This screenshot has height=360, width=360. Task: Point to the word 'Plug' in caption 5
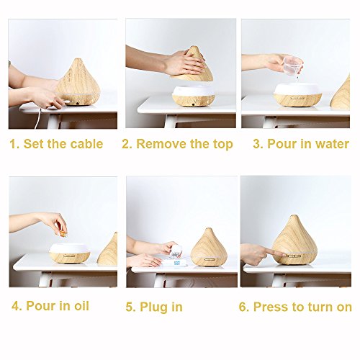pyautogui.click(x=152, y=307)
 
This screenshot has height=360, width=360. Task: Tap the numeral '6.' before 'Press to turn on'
pyautogui.click(x=244, y=307)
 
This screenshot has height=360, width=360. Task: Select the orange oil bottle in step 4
pyautogui.click(x=63, y=233)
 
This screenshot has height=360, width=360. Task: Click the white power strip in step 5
pyautogui.click(x=175, y=262)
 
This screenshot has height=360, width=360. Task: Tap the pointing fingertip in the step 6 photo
pyautogui.click(x=285, y=254)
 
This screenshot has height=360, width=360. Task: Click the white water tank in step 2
pyautogui.click(x=194, y=91)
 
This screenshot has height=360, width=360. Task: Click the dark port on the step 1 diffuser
pyautogui.click(x=78, y=103)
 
